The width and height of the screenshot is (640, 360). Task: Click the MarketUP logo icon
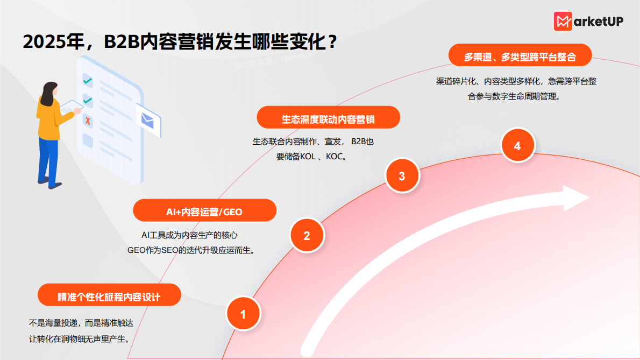(x=563, y=21)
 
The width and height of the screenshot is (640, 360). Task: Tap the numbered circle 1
(x=243, y=314)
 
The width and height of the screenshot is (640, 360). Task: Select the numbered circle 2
(x=307, y=235)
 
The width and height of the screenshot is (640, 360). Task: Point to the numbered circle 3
(x=402, y=175)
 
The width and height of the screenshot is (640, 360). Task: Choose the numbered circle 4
(x=517, y=146)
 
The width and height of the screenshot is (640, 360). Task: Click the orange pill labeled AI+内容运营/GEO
(x=204, y=211)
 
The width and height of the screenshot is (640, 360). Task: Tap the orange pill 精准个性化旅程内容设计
(x=109, y=295)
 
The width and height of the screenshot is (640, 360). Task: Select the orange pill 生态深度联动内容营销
(x=328, y=118)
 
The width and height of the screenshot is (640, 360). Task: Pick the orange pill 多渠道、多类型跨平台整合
(x=520, y=57)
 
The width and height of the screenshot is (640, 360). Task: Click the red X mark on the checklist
(x=88, y=122)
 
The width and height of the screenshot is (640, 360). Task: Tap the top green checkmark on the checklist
(x=88, y=81)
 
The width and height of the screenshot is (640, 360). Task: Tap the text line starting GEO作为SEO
(x=190, y=250)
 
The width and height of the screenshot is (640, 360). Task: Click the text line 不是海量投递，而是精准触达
(x=81, y=323)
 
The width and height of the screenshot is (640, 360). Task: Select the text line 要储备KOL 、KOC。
(x=311, y=157)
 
